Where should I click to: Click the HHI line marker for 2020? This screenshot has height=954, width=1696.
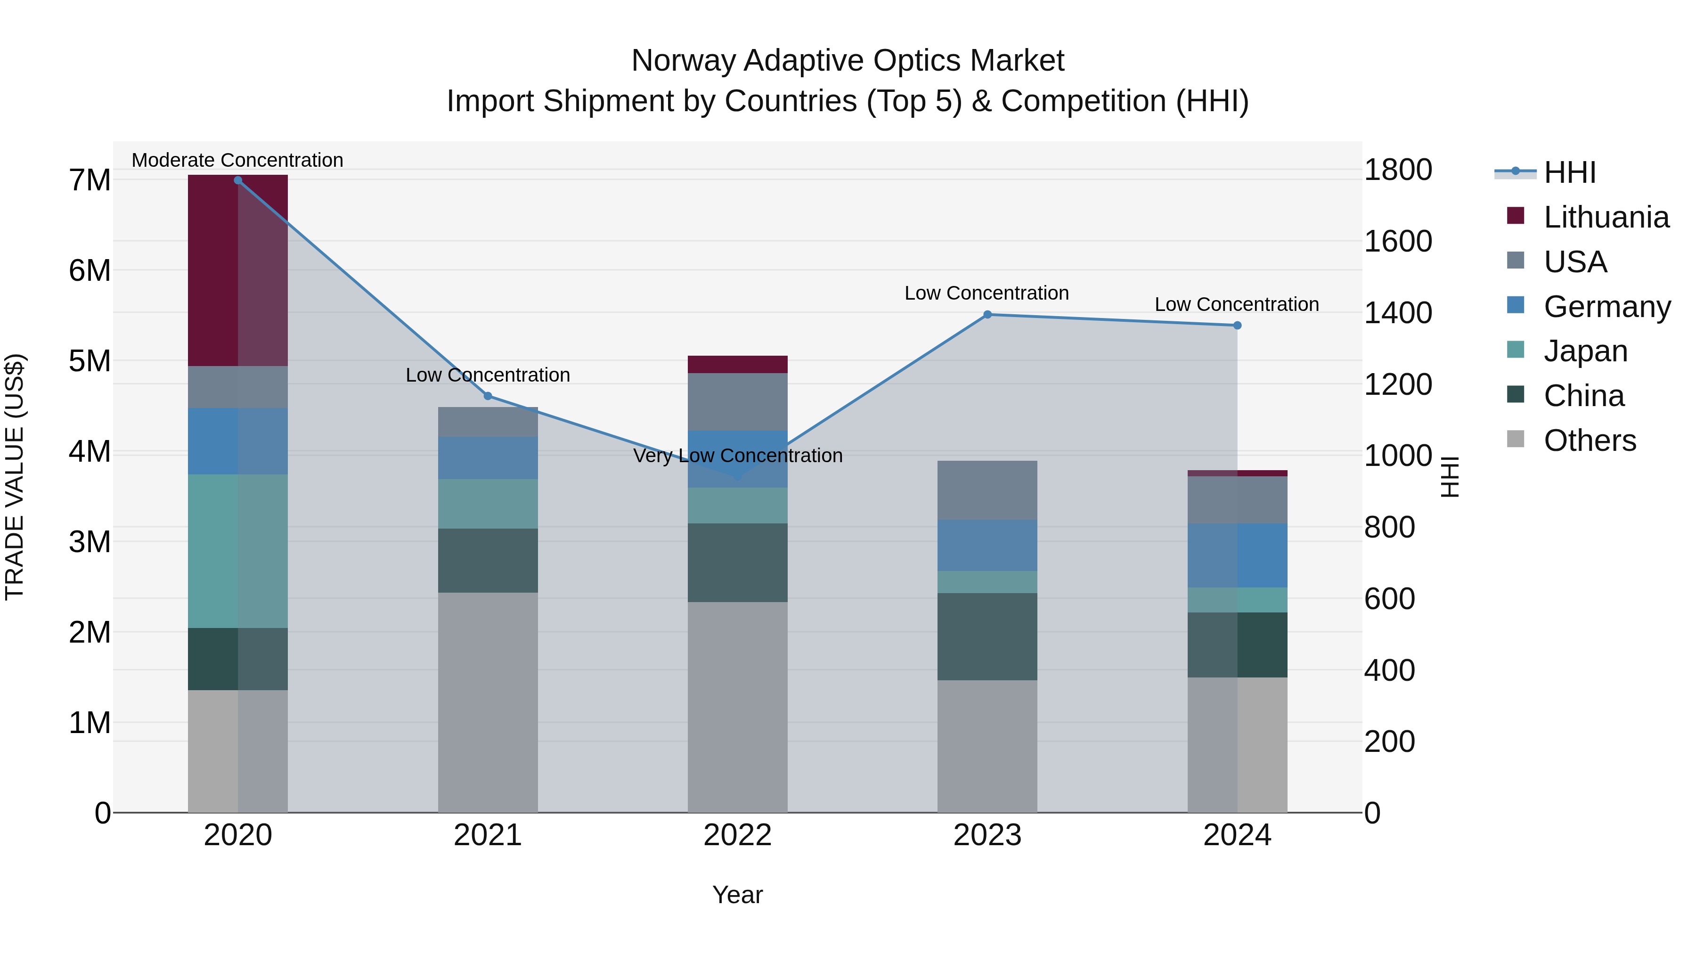point(238,180)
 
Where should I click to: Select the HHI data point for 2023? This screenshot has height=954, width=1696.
point(987,315)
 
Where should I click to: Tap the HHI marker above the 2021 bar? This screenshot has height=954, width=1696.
point(488,396)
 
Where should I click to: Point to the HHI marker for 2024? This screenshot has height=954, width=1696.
point(1237,325)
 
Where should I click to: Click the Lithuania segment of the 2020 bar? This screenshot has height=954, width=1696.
point(238,270)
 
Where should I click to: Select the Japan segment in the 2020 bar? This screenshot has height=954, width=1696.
point(238,551)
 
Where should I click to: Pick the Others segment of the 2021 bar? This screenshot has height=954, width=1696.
point(488,702)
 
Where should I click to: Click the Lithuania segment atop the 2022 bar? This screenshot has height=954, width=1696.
point(737,364)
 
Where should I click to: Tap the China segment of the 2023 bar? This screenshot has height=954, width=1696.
point(987,636)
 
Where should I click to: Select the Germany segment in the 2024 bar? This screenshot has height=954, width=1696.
point(1237,555)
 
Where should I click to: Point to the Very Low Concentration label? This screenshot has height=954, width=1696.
point(737,456)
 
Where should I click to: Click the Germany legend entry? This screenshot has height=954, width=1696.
point(1606,307)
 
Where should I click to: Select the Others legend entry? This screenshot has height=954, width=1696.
point(1590,440)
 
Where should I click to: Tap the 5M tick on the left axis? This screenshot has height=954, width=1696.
point(90,361)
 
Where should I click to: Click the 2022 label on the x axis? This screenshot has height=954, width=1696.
point(737,835)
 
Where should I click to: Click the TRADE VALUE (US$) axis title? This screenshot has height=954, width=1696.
point(15,477)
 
